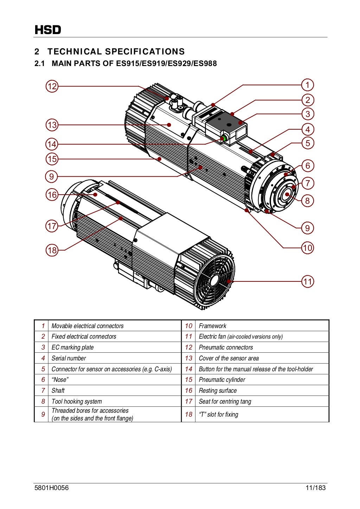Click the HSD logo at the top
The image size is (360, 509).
48,30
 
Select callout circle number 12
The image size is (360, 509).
52,86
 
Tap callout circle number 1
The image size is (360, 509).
308,85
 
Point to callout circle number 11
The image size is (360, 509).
308,281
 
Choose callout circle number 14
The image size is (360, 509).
52,144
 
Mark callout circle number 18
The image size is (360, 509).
52,250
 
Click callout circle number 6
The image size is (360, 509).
308,165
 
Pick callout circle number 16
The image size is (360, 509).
52,195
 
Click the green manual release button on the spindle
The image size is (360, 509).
223,139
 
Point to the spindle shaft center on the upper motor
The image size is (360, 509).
287,194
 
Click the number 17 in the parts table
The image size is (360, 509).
189,402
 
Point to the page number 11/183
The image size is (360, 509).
315,488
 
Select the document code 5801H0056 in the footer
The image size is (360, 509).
52,488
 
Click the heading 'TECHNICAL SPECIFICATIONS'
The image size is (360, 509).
116,52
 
